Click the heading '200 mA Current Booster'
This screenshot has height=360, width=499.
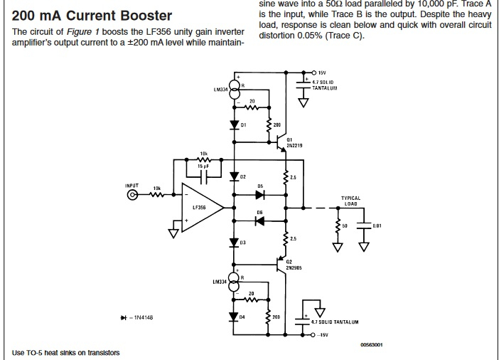[x=92, y=15]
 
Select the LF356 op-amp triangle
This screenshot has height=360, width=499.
[x=202, y=207]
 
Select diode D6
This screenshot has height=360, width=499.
[x=260, y=221]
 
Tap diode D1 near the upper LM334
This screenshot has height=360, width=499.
[x=235, y=125]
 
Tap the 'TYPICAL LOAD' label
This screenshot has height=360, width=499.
[x=350, y=201]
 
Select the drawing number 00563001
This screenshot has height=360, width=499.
[x=372, y=345]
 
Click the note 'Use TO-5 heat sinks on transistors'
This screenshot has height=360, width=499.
[x=66, y=353]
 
